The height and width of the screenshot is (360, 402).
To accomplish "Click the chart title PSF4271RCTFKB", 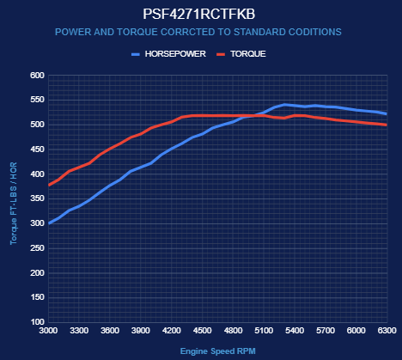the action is [198, 14].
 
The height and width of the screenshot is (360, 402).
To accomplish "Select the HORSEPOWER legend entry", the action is [168, 54].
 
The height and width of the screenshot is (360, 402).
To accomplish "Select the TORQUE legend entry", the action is [241, 54].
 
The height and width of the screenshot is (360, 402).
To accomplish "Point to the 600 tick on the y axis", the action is [37, 76].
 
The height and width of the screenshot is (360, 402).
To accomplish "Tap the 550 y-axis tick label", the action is [37, 100].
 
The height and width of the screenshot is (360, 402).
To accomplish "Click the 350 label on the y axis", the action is [37, 198].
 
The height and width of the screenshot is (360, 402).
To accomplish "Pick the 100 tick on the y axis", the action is [37, 322].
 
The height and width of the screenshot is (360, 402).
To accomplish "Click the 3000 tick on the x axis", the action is [48, 331].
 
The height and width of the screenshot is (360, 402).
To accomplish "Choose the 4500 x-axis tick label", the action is [202, 331].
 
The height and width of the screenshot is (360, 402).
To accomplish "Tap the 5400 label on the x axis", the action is [295, 331].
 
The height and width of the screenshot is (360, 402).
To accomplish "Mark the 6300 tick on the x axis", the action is [387, 331].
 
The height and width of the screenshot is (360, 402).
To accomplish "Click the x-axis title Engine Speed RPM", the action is [218, 351].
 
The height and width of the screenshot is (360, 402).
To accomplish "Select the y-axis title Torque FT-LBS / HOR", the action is [14, 204].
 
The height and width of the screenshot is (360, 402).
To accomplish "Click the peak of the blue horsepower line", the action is [284, 105].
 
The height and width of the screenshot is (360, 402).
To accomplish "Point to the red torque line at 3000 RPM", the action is [49, 186].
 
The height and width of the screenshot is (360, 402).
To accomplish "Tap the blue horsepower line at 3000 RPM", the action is [49, 223].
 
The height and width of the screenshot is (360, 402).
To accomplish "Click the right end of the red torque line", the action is [387, 125].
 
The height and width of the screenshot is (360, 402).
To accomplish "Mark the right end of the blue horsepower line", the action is [387, 113].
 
